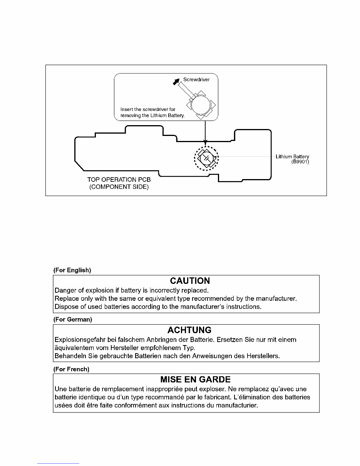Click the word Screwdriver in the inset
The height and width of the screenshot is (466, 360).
[x=196, y=80]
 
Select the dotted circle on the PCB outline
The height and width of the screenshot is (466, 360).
[x=206, y=158]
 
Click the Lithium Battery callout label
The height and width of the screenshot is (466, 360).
[x=292, y=157]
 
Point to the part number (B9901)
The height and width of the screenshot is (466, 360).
[x=300, y=162]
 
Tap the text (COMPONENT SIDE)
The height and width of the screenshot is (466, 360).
[x=119, y=187]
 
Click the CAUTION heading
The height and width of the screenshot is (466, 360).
[x=190, y=281]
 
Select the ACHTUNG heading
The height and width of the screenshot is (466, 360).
[x=189, y=330]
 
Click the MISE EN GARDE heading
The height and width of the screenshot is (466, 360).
[x=195, y=380]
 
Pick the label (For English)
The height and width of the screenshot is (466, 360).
[x=72, y=270]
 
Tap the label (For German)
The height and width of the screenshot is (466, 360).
[x=72, y=320]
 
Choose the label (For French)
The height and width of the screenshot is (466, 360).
[x=71, y=369]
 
